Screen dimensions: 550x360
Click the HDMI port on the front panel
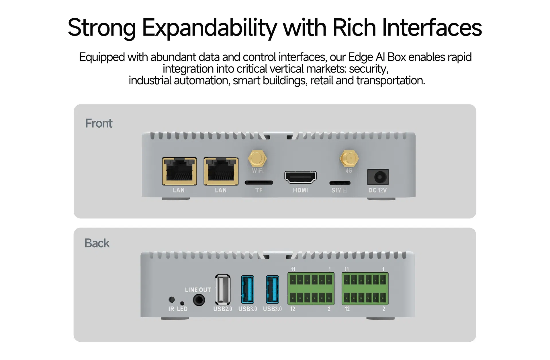300,177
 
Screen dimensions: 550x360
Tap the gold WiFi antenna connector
257,158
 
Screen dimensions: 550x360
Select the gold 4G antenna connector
349,158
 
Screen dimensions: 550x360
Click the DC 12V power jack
378,177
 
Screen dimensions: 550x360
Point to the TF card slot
259,182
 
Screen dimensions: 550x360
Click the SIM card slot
340,183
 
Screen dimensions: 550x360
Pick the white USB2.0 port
222,290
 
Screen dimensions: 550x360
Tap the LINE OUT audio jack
199,300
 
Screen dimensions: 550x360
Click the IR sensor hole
172,299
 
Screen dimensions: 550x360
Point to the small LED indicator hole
182,303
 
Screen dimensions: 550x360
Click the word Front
99,123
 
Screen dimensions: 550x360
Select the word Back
97,243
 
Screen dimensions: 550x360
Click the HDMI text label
300,190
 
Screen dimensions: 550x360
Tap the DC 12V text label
377,190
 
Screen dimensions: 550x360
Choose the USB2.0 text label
223,309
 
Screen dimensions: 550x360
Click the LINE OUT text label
198,290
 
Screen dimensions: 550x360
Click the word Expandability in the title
210,28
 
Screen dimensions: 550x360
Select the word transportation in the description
390,81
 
